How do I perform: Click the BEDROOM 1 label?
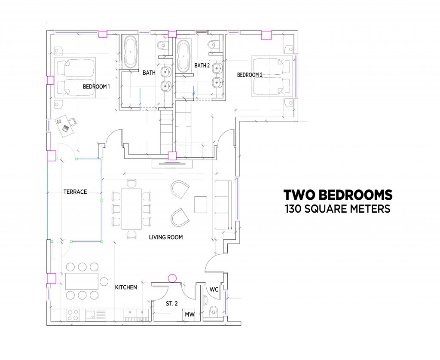(x=96, y=86)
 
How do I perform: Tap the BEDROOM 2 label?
(x=250, y=75)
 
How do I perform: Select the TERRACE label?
(x=75, y=192)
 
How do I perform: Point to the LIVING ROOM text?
(x=166, y=238)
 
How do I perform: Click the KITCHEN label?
(x=126, y=287)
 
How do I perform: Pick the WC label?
(x=214, y=289)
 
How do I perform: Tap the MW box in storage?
(x=189, y=315)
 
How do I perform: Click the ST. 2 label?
(x=172, y=304)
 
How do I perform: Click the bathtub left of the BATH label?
(x=131, y=52)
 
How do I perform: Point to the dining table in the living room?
(x=131, y=209)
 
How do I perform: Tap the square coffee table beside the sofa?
(x=201, y=204)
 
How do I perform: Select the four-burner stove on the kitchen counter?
(x=73, y=315)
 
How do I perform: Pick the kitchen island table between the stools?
(x=82, y=281)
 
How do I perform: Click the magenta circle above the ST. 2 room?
(x=172, y=279)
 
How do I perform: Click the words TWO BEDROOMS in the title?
(x=338, y=195)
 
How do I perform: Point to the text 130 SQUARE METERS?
(x=338, y=209)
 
